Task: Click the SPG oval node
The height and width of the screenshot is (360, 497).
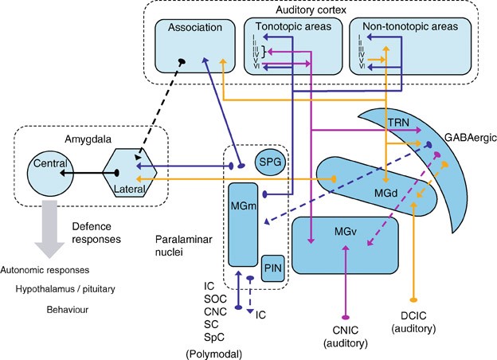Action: (x=270, y=162)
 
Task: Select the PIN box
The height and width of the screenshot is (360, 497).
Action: (x=273, y=268)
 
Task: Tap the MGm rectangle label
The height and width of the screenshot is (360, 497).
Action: (x=244, y=206)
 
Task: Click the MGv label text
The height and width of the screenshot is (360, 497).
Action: (x=346, y=232)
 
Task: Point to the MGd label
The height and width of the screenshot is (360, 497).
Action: (x=385, y=193)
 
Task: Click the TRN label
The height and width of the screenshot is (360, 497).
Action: (x=398, y=123)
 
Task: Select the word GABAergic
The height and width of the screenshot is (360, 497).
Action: (x=471, y=138)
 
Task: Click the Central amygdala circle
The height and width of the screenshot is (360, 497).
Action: (x=50, y=174)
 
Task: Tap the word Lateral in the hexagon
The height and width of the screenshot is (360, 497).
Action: (x=129, y=189)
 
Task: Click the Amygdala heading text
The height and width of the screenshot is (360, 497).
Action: (x=88, y=139)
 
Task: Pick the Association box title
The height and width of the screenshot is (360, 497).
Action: (x=195, y=27)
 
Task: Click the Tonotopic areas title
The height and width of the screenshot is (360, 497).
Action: (x=293, y=26)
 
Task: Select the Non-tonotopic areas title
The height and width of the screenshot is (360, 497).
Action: (x=410, y=26)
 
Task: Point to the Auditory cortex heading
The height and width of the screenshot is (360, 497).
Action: (x=311, y=10)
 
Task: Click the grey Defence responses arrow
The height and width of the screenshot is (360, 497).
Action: (x=49, y=229)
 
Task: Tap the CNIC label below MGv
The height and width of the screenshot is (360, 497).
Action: (x=346, y=331)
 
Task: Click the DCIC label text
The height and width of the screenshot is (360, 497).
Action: (x=413, y=316)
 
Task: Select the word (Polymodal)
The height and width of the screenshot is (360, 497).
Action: (x=214, y=354)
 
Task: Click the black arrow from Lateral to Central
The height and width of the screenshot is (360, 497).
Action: (x=89, y=173)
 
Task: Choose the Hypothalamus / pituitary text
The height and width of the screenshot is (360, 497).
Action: (x=65, y=289)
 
